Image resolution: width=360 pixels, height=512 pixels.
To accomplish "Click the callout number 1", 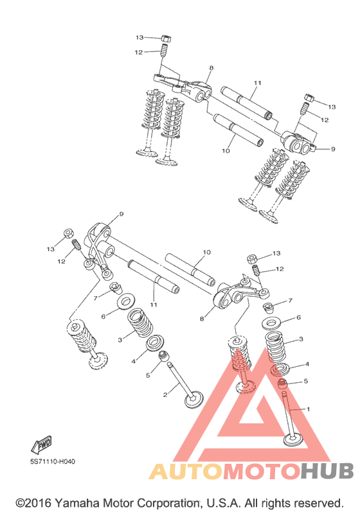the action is [308, 409].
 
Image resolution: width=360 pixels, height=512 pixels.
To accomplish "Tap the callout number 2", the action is [165, 395].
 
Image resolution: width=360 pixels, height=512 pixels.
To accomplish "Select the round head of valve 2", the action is [194, 400].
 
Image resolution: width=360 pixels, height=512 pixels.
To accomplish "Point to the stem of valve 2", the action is [179, 379].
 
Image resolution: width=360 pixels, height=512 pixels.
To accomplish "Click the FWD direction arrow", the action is [41, 444].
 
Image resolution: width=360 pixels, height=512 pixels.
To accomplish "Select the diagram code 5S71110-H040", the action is [53, 461].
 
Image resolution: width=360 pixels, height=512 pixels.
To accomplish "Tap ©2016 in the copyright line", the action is [33, 503].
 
